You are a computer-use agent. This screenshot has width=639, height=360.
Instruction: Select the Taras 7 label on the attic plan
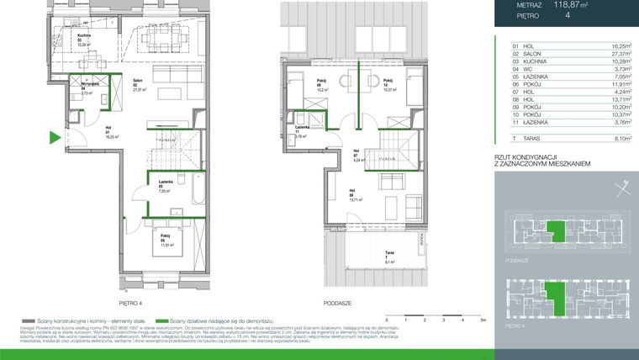390,255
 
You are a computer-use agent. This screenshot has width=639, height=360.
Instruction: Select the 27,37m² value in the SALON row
615,56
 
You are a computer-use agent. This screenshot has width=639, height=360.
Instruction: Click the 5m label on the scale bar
483,320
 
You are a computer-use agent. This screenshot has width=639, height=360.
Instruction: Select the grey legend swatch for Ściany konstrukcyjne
29,320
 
